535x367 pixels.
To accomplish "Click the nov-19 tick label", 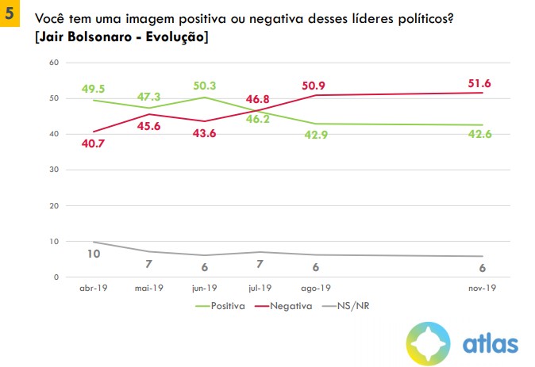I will click(x=481, y=289).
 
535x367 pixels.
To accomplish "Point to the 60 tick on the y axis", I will click(x=52, y=63).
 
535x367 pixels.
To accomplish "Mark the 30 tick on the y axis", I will click(x=52, y=170).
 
